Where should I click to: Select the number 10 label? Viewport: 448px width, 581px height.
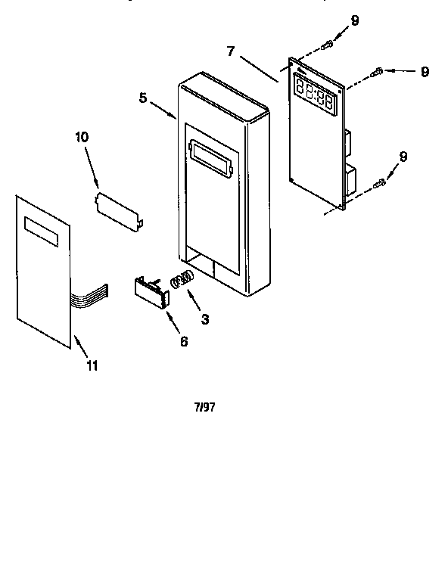pos(81,137)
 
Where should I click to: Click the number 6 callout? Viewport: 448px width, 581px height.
pos(183,340)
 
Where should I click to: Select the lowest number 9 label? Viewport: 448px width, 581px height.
pos(403,157)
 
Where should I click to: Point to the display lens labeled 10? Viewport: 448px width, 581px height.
pos(118,207)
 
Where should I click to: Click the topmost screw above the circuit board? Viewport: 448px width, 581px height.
pos(326,45)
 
